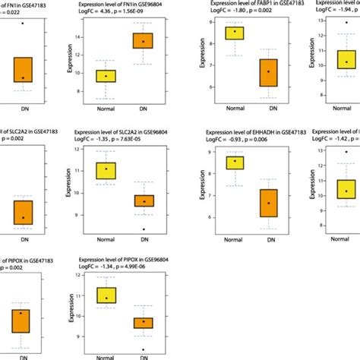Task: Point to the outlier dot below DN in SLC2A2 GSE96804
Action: (x=143, y=229)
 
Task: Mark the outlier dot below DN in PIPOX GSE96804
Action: (x=143, y=349)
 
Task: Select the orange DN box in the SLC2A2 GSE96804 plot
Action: (x=143, y=201)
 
